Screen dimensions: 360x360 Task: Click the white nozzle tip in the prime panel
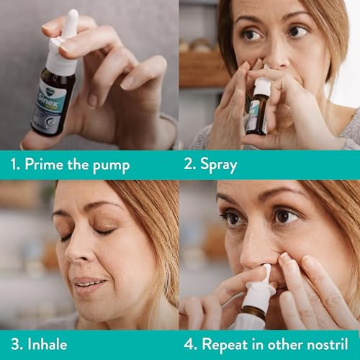[x=71, y=22]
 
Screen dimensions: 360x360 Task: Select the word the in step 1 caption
[x=83, y=165]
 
